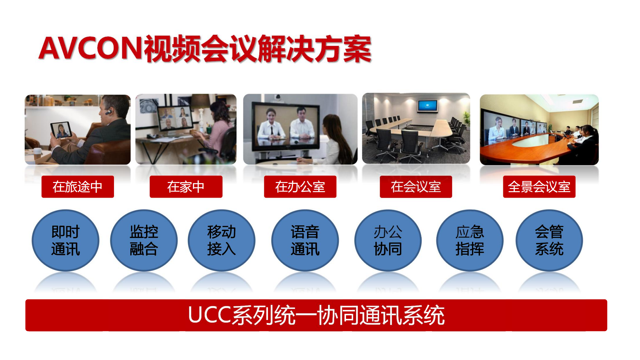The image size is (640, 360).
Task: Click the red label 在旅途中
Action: (x=78, y=187)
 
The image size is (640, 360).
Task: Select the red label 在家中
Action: (x=186, y=187)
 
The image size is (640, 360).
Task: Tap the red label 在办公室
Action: (x=300, y=187)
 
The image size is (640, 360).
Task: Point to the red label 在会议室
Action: (x=416, y=187)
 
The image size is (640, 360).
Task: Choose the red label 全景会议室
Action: (x=539, y=187)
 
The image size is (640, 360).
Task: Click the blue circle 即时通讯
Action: (x=65, y=240)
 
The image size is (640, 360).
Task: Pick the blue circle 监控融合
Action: (x=144, y=240)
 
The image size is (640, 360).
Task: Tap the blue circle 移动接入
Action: (x=221, y=240)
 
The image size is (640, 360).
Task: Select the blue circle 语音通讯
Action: (x=305, y=240)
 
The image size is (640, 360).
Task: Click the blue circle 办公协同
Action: (x=388, y=240)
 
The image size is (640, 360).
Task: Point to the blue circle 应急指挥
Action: (x=470, y=240)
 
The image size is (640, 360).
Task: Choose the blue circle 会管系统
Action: (x=549, y=240)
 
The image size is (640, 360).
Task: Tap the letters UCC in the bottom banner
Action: (x=209, y=315)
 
